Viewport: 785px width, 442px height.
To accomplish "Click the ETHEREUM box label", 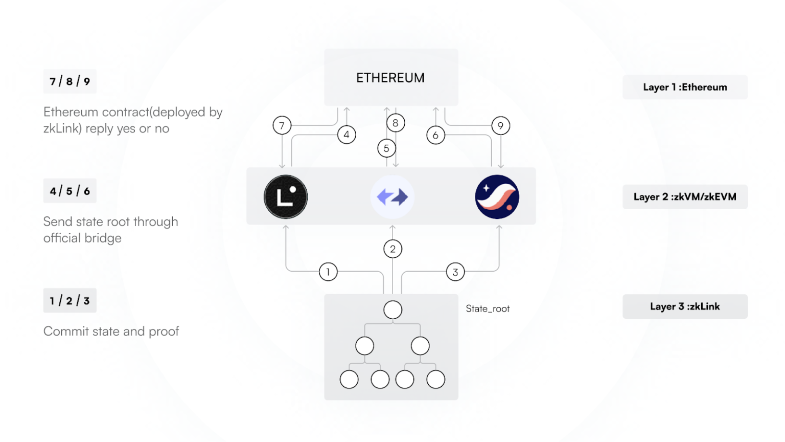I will (390, 78).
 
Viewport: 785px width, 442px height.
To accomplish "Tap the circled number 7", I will (282, 125).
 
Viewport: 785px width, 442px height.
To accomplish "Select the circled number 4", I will (347, 135).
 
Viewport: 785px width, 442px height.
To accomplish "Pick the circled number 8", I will (396, 123).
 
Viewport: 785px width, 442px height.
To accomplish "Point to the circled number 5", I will (386, 148).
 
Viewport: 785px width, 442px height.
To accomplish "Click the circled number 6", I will (435, 136).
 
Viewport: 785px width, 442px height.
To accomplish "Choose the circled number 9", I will (500, 126).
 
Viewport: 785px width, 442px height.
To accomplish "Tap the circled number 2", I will (392, 249).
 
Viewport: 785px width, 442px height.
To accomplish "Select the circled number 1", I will (328, 272).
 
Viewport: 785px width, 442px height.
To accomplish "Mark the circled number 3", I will (455, 272).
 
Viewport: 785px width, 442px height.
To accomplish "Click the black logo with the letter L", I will (286, 197).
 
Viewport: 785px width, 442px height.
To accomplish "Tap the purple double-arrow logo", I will (392, 197).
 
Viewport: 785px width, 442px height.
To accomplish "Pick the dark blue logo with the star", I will (497, 197).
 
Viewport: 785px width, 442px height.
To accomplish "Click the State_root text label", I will (488, 309).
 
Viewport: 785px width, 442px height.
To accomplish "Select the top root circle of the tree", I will (392, 310).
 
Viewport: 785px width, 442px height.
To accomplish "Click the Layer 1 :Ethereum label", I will (685, 87).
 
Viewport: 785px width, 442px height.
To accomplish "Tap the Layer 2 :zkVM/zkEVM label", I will (685, 197).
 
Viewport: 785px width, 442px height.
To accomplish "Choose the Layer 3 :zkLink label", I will (685, 306).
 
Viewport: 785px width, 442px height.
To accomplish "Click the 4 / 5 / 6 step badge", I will (70, 191).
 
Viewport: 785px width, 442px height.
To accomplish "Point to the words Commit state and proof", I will (111, 331).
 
